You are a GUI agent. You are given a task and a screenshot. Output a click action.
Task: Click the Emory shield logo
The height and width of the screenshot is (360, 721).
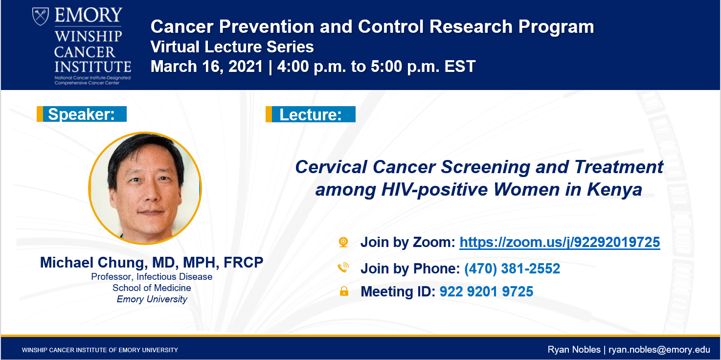[41, 17]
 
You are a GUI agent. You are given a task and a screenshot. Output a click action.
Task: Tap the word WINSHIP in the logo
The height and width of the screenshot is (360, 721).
[88, 36]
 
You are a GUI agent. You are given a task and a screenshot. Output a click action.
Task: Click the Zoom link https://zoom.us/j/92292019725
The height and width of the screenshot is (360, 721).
[560, 242]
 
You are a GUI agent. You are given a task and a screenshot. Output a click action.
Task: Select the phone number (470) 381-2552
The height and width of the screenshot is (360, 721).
[512, 269]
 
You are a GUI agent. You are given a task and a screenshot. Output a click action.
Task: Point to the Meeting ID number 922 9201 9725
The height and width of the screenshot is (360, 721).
[486, 292]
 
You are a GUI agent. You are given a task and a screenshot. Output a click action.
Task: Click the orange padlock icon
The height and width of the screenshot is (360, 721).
[344, 291]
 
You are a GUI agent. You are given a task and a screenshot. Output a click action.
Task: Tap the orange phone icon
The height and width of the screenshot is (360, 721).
[343, 267]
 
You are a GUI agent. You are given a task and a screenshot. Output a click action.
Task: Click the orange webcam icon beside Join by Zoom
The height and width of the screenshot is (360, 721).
[343, 242]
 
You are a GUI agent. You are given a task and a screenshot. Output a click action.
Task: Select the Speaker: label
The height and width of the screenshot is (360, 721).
[82, 114]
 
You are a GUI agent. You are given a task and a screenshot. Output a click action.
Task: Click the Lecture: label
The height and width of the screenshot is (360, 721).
[311, 114]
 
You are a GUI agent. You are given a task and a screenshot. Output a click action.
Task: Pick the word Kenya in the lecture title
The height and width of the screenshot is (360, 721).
[614, 189]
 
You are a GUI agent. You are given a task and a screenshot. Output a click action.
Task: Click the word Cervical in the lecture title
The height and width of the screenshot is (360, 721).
[331, 167]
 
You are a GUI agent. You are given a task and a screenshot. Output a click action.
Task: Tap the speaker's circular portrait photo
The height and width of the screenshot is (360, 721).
[145, 188]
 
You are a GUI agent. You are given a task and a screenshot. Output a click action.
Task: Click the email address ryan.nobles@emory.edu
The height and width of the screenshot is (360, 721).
[659, 350]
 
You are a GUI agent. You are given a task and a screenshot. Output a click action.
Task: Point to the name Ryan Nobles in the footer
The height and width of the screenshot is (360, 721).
[574, 350]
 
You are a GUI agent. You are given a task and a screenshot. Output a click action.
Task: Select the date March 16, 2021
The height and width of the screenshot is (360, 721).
[207, 67]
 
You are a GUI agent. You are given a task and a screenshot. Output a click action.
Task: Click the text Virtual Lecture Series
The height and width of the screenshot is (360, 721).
[232, 46]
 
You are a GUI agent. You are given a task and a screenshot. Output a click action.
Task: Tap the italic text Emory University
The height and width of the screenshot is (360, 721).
[152, 299]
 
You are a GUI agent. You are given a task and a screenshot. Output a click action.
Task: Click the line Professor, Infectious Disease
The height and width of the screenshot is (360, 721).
[152, 276]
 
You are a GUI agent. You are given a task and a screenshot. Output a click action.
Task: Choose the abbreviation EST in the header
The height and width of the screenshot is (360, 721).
[460, 67]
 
